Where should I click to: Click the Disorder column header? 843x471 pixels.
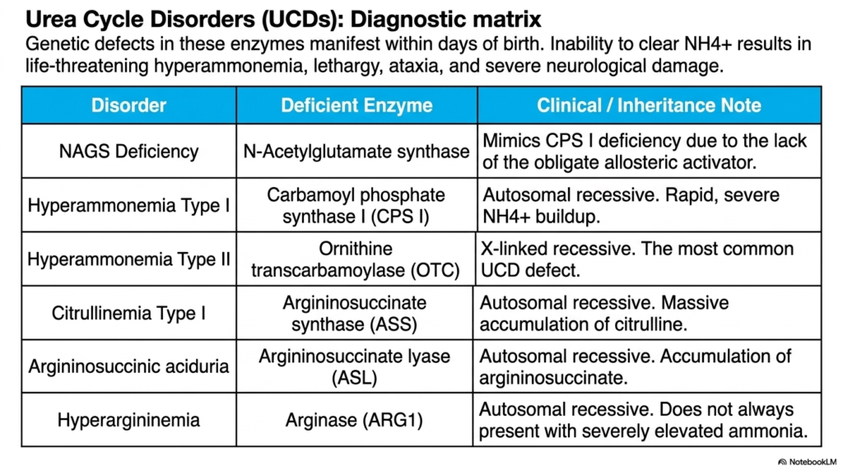click(128, 105)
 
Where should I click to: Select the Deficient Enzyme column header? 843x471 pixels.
click(356, 105)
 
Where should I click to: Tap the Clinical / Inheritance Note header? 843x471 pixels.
click(649, 105)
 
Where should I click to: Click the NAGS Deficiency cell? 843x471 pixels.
click(128, 152)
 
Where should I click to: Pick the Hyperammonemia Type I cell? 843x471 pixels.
click(128, 205)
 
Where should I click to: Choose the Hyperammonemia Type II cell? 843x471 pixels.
click(128, 259)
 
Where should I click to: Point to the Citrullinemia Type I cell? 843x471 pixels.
click(128, 313)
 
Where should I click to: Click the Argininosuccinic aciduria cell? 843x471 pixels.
click(128, 366)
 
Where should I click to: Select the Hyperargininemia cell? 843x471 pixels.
click(128, 420)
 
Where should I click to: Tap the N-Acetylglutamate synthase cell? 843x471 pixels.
click(356, 152)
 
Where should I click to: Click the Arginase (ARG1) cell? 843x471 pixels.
click(354, 420)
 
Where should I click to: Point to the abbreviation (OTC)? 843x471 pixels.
click(435, 270)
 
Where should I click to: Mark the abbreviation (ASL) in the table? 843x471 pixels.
click(354, 377)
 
